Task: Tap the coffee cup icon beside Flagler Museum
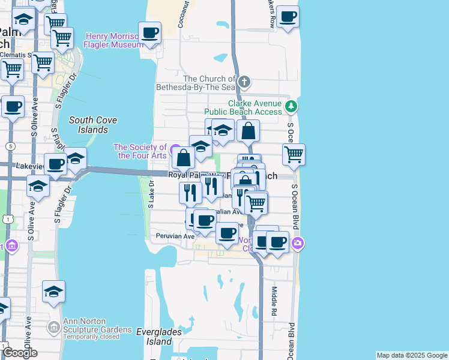pyautogui.click(x=149, y=32)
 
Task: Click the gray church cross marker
pyautogui.click(x=244, y=81)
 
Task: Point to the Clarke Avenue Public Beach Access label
pyautogui.click(x=243, y=107)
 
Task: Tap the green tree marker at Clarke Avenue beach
pyautogui.click(x=291, y=106)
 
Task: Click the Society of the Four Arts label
pyautogui.click(x=140, y=151)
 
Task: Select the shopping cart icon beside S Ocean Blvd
pyautogui.click(x=294, y=154)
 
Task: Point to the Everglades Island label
pyautogui.click(x=154, y=336)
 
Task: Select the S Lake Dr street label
pyautogui.click(x=151, y=194)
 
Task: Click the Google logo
pyautogui.click(x=20, y=353)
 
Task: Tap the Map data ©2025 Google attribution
pyautogui.click(x=412, y=355)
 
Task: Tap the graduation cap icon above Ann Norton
pyautogui.click(x=53, y=292)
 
